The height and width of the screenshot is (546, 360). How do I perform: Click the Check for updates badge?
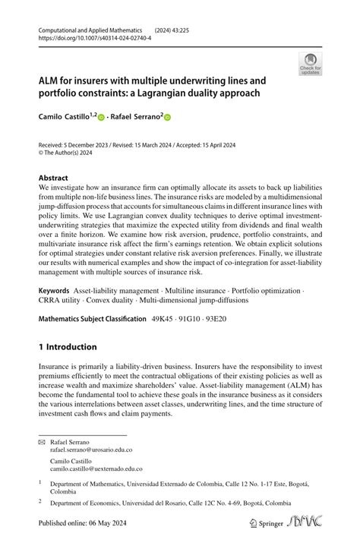tap(310, 64)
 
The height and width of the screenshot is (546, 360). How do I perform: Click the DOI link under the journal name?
tap(94, 36)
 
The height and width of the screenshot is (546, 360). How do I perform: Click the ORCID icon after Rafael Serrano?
tap(168, 118)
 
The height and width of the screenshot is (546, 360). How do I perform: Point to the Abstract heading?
tap(53, 178)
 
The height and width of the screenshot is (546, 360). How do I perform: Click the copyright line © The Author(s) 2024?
tap(71, 152)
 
